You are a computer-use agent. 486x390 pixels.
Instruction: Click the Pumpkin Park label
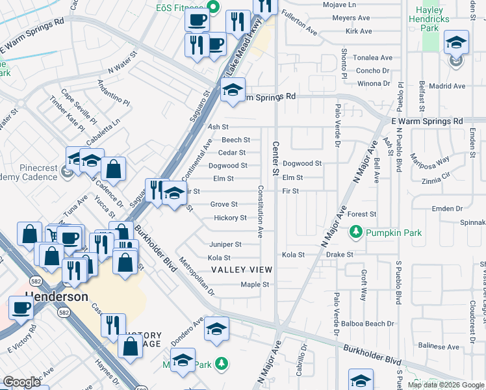[394, 233]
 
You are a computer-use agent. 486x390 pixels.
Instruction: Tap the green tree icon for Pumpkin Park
[355, 231]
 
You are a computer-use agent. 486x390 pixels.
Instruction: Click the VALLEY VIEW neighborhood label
[241, 269]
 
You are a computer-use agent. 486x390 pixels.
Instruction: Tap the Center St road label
[275, 159]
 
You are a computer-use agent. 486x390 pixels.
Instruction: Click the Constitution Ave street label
[260, 211]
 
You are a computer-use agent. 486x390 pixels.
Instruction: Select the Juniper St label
[225, 244]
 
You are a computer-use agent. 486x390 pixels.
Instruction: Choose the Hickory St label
[230, 218]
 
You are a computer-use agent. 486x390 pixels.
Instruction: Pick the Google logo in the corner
[21, 382]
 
